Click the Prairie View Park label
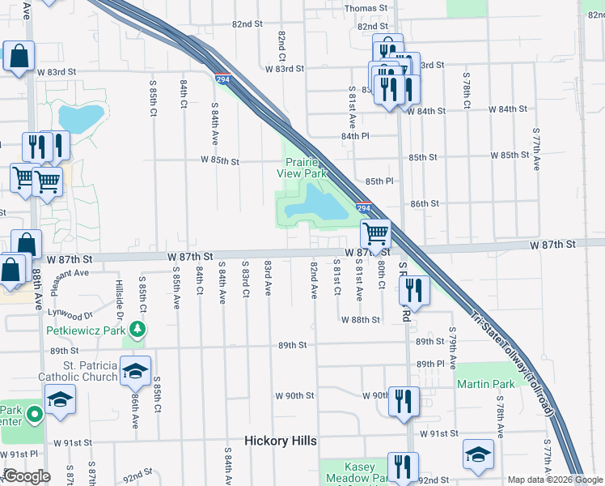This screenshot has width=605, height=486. tap(306, 168)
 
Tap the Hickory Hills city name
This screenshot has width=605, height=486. tap(281, 441)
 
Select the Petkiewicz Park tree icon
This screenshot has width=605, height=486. tap(138, 329)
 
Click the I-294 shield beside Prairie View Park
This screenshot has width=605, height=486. tap(364, 209)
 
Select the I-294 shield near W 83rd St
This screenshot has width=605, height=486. tap(222, 79)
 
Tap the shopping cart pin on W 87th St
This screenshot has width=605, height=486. tap(376, 234)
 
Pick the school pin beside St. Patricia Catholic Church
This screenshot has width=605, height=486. tap(136, 371)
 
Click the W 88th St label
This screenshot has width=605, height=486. tap(360, 320)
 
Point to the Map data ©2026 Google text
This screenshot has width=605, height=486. tap(553, 480)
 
